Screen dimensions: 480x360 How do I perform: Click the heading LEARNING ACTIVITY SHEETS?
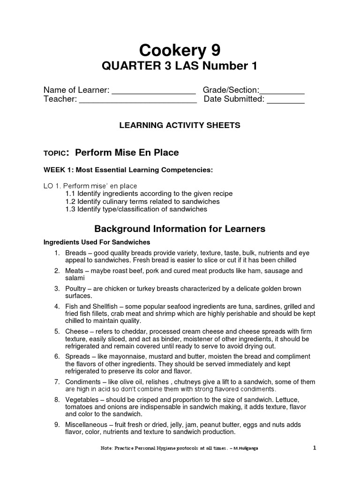180,125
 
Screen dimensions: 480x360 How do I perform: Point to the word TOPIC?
56,153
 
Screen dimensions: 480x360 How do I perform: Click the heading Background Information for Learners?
180,229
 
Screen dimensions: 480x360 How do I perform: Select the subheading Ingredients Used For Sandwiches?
97,242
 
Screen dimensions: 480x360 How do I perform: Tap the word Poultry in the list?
76,289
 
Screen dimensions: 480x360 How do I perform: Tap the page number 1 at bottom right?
315,448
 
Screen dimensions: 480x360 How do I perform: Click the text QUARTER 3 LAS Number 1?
180,66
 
